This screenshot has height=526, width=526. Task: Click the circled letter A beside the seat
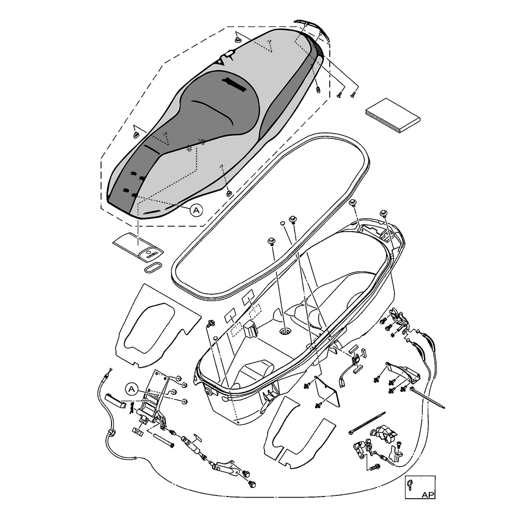click(x=196, y=210)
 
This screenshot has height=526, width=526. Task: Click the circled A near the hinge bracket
click(x=132, y=389)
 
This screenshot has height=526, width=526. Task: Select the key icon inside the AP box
click(x=412, y=484)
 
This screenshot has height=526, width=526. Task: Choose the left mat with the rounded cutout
click(x=155, y=326)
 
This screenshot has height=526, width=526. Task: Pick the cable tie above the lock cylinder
click(x=367, y=423)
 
